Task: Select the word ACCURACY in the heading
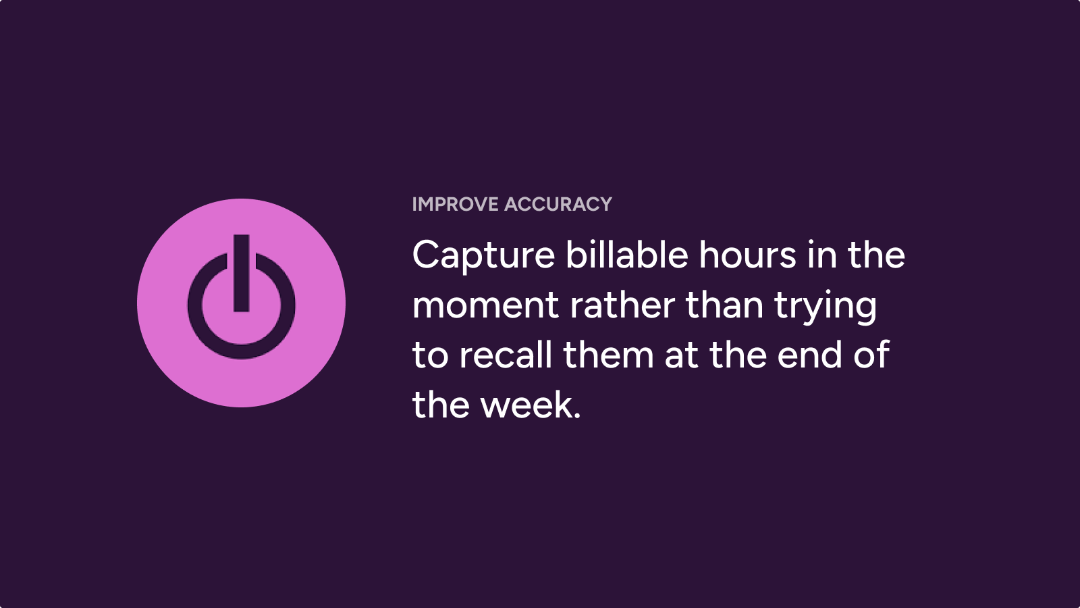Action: (x=558, y=204)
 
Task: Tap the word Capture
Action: (x=483, y=256)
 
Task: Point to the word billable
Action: (x=627, y=254)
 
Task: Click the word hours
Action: (x=748, y=254)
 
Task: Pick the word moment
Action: (x=485, y=306)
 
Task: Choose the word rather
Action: (x=622, y=305)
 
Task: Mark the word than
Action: (x=725, y=305)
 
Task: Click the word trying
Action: (x=826, y=307)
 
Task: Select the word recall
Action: (x=506, y=354)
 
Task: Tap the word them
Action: (x=608, y=354)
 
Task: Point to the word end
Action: (x=810, y=354)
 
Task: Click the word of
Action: (x=871, y=354)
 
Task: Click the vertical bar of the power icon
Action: (x=242, y=273)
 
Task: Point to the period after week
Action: (x=577, y=415)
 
